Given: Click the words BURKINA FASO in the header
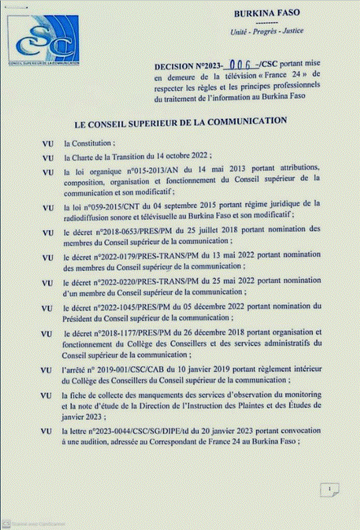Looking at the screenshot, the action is tap(267, 12).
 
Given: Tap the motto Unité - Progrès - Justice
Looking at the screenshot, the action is tap(267, 31).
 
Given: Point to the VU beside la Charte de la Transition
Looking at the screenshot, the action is tap(49, 158).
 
